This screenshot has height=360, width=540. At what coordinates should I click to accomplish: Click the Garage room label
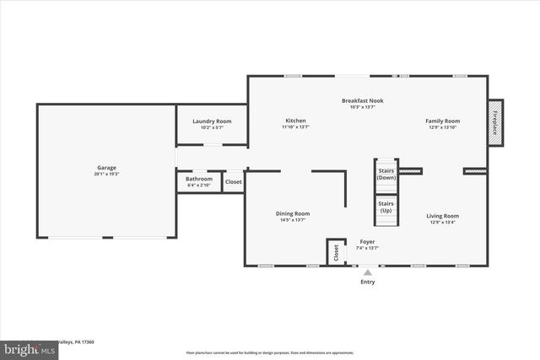pyautogui.click(x=106, y=168)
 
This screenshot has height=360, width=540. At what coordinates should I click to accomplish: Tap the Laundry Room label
pyautogui.click(x=212, y=121)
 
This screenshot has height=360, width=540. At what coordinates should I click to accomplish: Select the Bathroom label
pyautogui.click(x=199, y=179)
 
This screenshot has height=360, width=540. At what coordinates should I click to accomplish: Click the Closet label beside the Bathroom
pyautogui.click(x=233, y=181)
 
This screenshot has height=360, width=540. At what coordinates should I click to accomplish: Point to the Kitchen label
pyautogui.click(x=295, y=121)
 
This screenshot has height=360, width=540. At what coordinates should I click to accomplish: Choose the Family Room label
pyautogui.click(x=442, y=121)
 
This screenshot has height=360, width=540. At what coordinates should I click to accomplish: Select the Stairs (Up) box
pyautogui.click(x=386, y=207)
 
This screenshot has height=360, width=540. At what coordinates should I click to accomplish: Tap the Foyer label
pyautogui.click(x=367, y=242)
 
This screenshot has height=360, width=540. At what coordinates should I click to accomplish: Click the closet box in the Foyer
pyautogui.click(x=336, y=252)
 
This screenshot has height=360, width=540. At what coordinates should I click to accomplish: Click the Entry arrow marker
pyautogui.click(x=367, y=272)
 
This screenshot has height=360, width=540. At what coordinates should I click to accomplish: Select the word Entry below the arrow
pyautogui.click(x=367, y=282)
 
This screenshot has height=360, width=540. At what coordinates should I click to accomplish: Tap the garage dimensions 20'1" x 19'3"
pyautogui.click(x=106, y=175)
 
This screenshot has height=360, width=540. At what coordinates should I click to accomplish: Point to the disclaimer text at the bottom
pyautogui.click(x=270, y=352)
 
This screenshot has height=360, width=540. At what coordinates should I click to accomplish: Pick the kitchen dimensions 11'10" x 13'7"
pyautogui.click(x=295, y=127)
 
